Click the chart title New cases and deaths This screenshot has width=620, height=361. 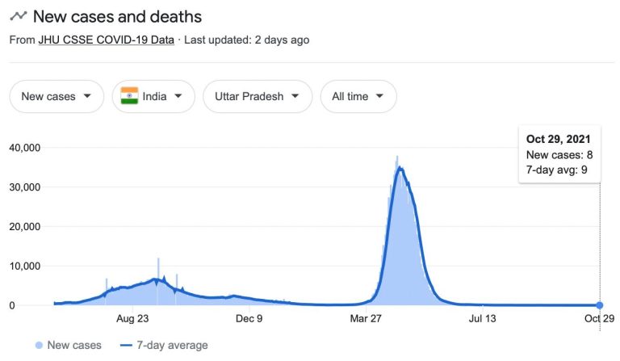[x=117, y=16]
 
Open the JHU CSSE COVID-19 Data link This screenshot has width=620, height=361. [x=106, y=39]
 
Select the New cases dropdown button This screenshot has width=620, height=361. [x=57, y=96]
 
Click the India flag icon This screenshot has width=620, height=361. [x=129, y=96]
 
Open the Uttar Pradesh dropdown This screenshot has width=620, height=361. [x=258, y=96]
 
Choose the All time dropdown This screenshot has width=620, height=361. [x=358, y=96]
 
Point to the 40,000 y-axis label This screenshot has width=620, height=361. [x=24, y=148]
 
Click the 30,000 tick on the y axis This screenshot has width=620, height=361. [x=24, y=187]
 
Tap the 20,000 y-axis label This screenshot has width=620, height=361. [x=24, y=227]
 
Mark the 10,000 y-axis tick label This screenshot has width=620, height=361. [x=24, y=267]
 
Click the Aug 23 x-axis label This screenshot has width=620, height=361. [x=132, y=319]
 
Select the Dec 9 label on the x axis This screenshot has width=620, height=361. [x=249, y=319]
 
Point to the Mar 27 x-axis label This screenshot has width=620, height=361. [x=366, y=319]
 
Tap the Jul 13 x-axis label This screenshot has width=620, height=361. [x=482, y=319]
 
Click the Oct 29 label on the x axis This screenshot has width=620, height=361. [x=598, y=319]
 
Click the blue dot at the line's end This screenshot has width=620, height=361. [x=599, y=305]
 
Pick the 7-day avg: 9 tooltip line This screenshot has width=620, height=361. [x=557, y=170]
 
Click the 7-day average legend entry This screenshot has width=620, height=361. [x=165, y=346]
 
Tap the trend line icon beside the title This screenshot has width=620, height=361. [x=18, y=16]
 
